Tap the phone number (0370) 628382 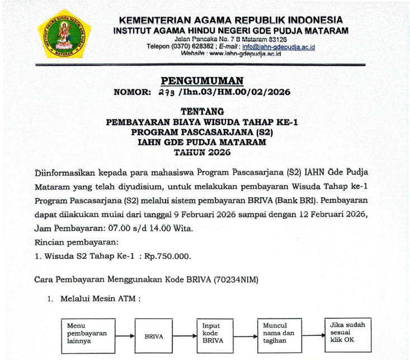tap(191, 47)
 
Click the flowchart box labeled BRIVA tap(154, 337)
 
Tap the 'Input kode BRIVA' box tap(215, 333)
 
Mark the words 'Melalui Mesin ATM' tap(99, 299)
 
